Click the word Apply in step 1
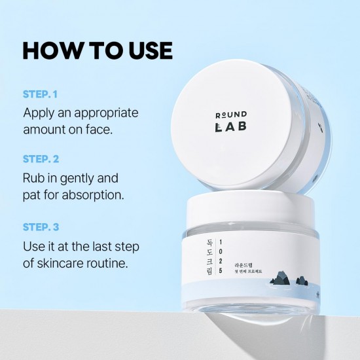(40, 113)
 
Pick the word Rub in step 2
(35, 177)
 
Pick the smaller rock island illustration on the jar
(302, 280)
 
